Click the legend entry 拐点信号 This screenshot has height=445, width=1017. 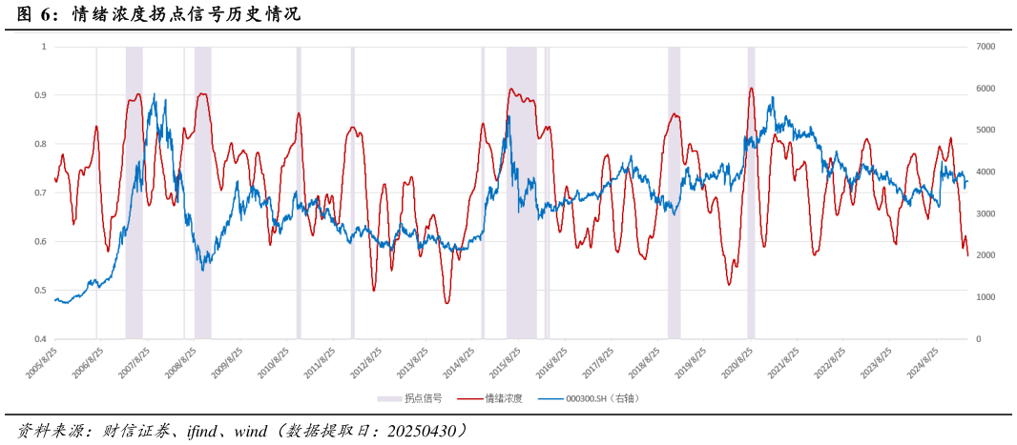(410, 398)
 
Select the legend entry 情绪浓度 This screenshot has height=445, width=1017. (490, 398)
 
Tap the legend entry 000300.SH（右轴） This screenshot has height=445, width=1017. (588, 398)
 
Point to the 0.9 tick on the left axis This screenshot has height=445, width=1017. (40, 95)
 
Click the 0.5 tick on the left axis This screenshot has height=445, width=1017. (40, 291)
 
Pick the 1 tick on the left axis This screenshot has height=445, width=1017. (43, 47)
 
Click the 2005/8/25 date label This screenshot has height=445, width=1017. (42, 363)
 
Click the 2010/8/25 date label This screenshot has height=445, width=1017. (273, 363)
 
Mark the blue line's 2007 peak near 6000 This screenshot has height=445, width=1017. (155, 94)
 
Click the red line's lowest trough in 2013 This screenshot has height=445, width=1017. (446, 302)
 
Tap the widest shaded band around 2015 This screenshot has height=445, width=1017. (521, 191)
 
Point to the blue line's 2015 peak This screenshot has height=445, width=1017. (508, 116)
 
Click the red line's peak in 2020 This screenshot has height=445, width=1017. (752, 89)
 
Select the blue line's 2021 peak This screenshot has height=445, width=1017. (772, 97)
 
